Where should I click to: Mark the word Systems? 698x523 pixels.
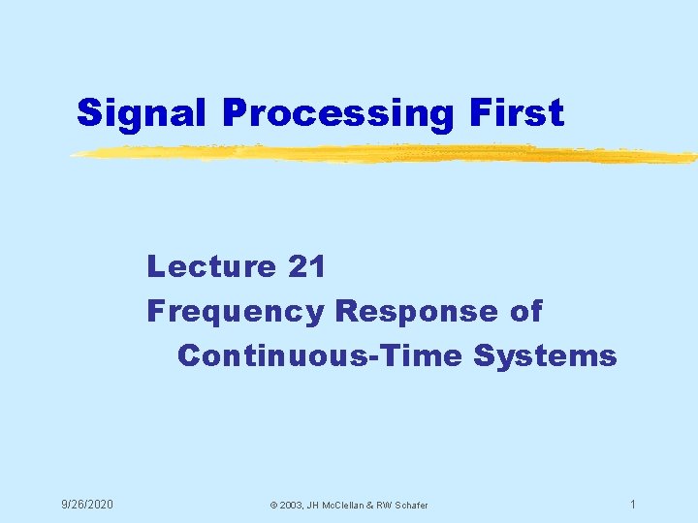[546, 356]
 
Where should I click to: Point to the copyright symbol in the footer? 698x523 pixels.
[273, 506]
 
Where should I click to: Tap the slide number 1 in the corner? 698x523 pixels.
[632, 505]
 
